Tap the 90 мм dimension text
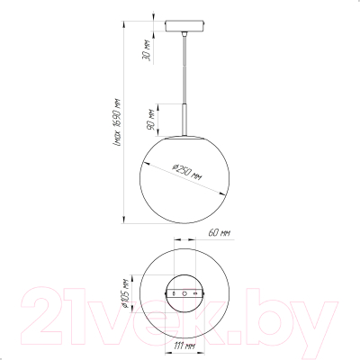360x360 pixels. coord(150,120)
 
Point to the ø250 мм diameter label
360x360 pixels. coord(187,172)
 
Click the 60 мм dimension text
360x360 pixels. coord(220,233)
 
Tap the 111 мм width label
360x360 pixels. coord(184,346)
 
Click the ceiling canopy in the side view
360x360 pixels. coord(184,25)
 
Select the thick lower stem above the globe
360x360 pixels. coord(184,120)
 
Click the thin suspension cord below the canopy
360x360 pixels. coord(184,69)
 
